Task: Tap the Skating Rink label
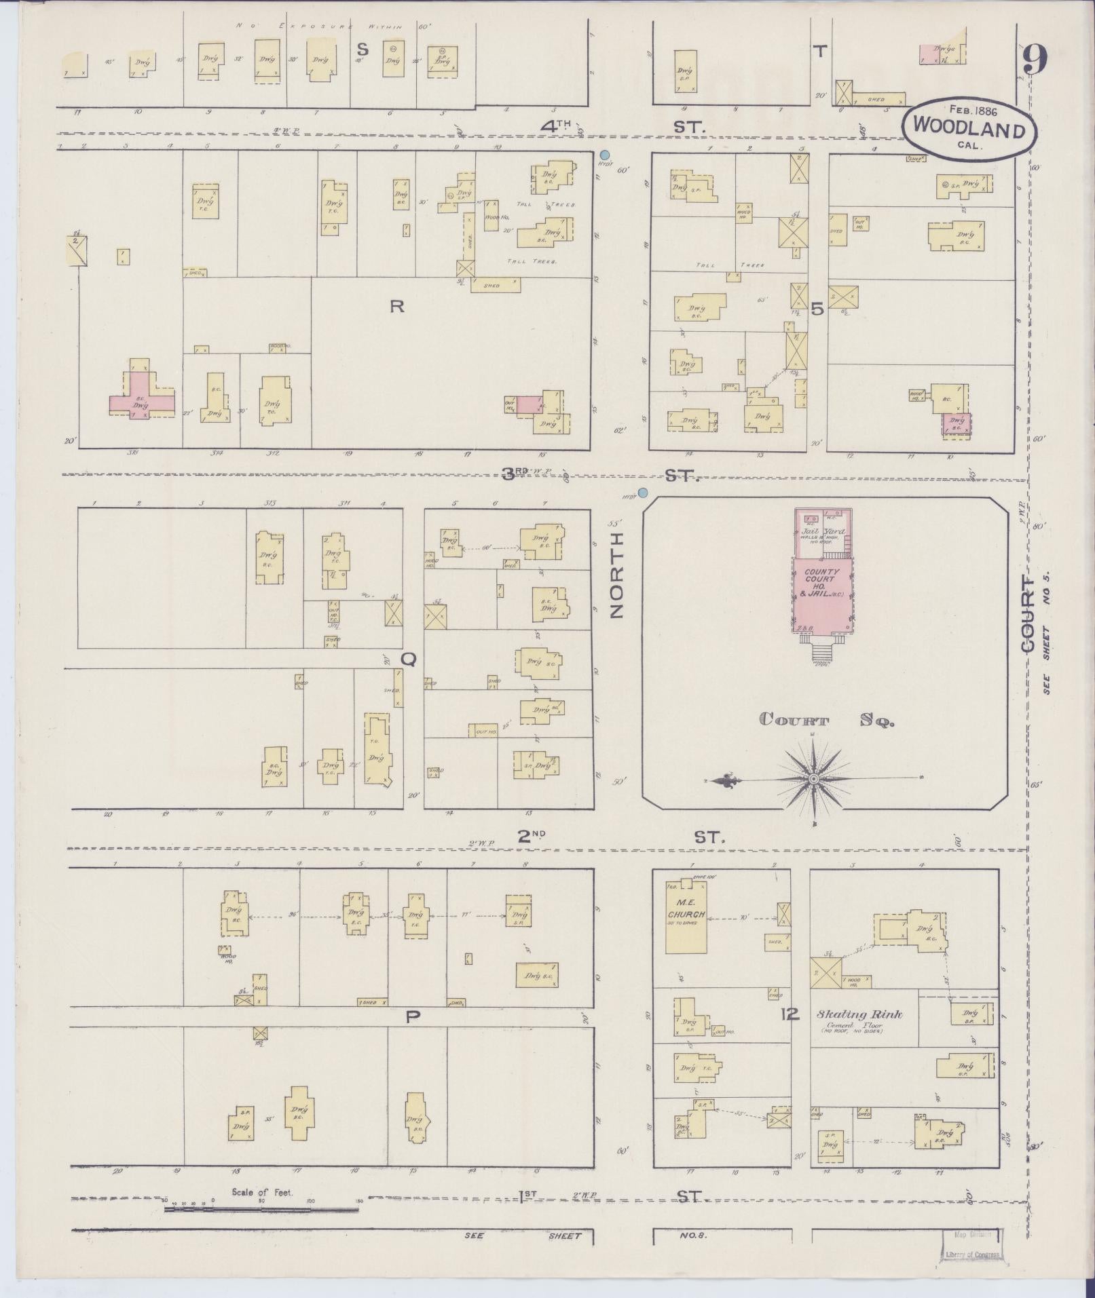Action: pos(859,1014)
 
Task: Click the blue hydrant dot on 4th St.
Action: pos(605,155)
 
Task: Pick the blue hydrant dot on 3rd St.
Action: pos(642,493)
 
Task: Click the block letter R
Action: pos(396,307)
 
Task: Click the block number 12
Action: pos(790,1014)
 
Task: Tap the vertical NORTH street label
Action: pos(616,575)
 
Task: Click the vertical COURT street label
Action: pos(1028,615)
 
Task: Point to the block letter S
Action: pos(363,50)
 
